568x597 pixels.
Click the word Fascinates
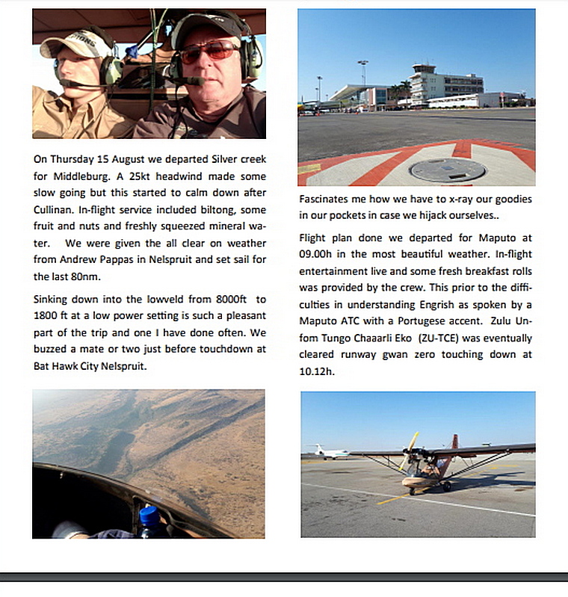click(x=326, y=199)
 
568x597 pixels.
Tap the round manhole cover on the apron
click(x=448, y=170)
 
